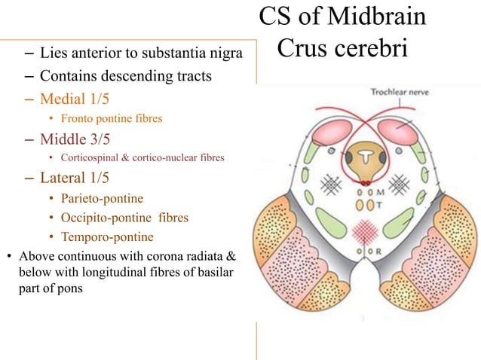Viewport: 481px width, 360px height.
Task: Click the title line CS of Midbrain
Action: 342,17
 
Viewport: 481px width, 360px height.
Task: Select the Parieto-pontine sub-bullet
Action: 103,199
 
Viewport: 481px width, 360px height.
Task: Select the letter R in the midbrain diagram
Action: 380,251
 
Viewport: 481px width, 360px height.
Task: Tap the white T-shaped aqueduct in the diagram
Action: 366,157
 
